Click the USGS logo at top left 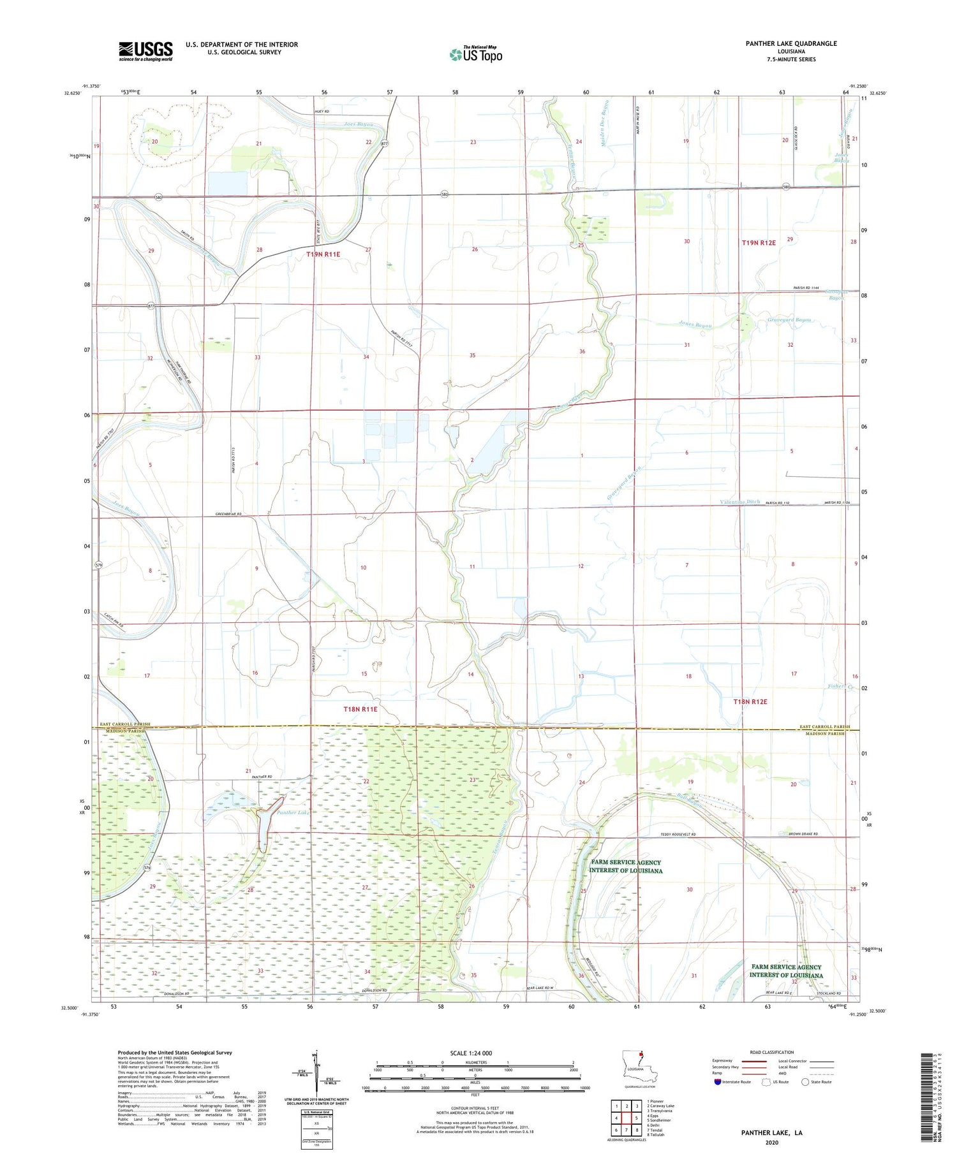tap(145, 51)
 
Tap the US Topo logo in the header tap(476, 54)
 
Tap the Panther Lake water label tap(293, 812)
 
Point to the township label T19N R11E tap(323, 254)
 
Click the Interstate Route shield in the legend tap(718, 1081)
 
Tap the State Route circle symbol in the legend tap(805, 1081)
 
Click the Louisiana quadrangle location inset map tap(639, 1072)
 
